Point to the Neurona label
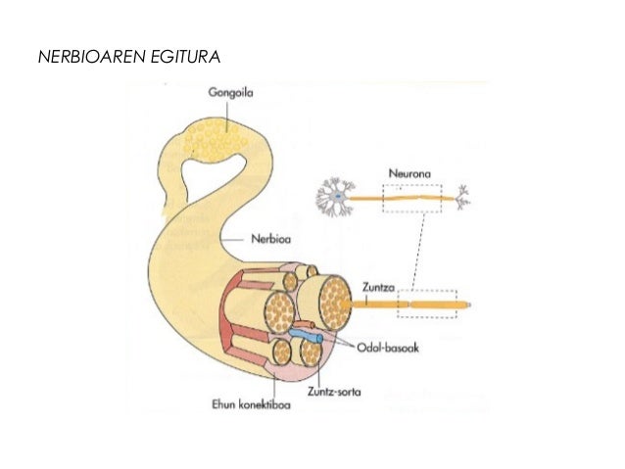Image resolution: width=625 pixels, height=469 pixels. (411, 172)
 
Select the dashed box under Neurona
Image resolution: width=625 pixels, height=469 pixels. (411, 199)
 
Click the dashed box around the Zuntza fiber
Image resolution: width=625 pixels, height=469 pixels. (427, 304)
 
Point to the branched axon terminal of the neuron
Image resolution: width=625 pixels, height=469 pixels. (464, 198)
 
